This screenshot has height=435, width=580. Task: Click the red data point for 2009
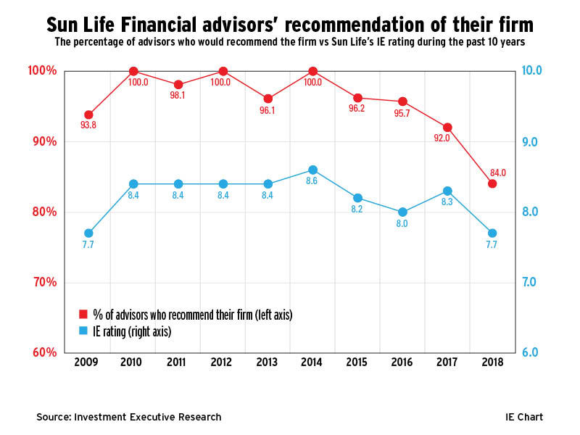(88, 115)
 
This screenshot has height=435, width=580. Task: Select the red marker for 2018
(492, 183)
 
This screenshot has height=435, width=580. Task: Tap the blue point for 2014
(312, 170)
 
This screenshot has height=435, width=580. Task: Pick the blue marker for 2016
(402, 212)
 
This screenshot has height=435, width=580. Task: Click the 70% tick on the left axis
(43, 282)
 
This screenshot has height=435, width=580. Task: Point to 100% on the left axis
(41, 70)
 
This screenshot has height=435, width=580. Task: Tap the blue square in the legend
(83, 331)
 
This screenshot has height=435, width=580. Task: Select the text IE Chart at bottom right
(524, 417)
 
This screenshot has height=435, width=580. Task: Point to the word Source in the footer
(54, 417)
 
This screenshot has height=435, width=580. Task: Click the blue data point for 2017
(447, 191)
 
